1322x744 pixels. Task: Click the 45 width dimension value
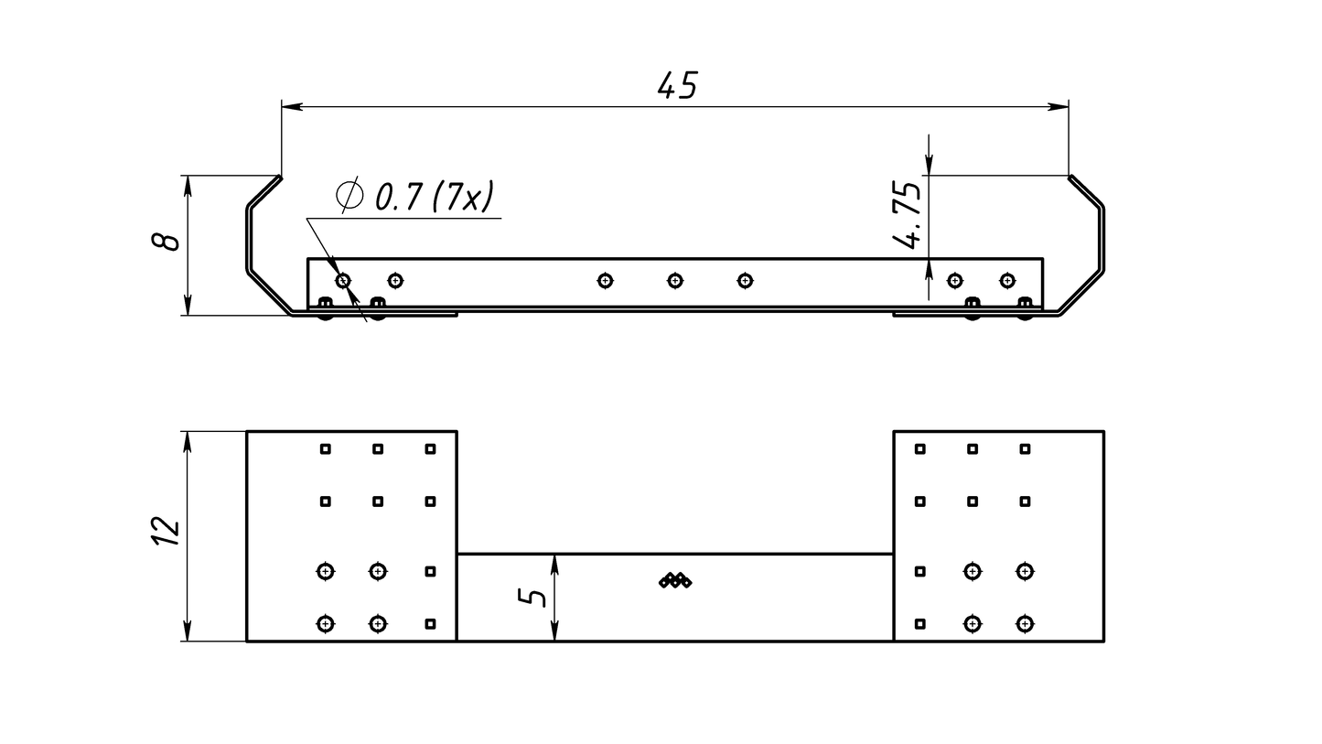677,85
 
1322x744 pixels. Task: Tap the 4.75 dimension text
908,215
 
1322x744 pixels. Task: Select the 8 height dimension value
166,242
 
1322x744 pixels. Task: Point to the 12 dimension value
166,532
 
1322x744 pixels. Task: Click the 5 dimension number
532,597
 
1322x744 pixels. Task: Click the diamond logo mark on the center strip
675,580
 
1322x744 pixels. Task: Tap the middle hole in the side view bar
675,280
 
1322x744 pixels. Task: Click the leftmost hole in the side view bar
343,280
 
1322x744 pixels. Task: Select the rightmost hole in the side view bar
1007,280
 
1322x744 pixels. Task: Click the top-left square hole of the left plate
325,448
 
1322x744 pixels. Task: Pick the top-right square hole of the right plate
1025,448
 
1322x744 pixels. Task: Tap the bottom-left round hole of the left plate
325,624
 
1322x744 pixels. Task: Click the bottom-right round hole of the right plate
1025,624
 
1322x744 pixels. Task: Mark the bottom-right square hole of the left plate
430,624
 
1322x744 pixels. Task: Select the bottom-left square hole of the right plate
920,624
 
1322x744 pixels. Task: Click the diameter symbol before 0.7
349,195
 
